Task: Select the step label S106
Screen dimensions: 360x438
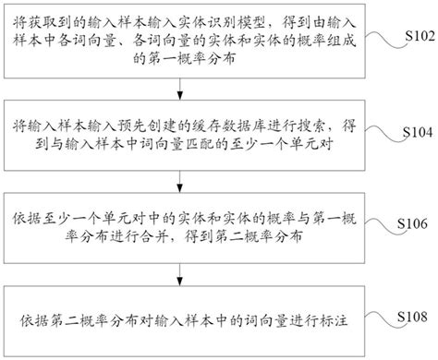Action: point(409,224)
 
